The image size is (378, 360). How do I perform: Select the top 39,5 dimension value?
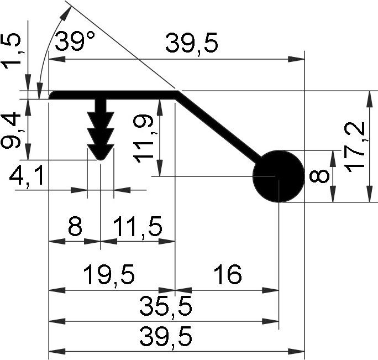click(x=192, y=44)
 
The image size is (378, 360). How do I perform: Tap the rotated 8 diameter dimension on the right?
click(x=319, y=177)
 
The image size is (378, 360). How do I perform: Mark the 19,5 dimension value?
click(x=108, y=275)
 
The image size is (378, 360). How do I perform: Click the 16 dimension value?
click(x=226, y=275)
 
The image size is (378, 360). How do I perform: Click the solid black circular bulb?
click(x=279, y=176)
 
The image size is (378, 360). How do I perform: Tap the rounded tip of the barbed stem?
click(x=101, y=156)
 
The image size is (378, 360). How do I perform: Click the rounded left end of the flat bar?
click(x=52, y=95)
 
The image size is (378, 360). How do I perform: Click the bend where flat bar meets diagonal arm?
click(x=176, y=95)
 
